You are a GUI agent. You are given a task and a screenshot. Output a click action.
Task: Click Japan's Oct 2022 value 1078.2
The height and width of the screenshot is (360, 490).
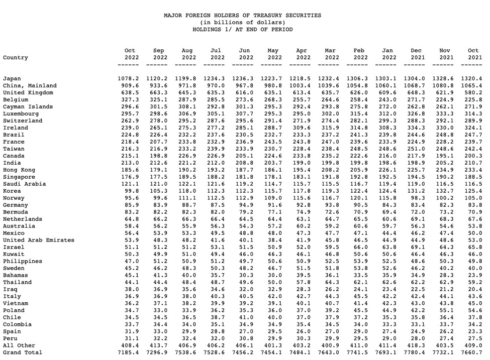pyautogui.click(x=128, y=79)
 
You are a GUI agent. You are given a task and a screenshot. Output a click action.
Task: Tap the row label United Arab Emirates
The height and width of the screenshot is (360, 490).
pyautogui.click(x=39, y=241)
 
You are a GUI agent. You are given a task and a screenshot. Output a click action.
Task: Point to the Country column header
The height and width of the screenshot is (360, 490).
pyautogui.click(x=16, y=58)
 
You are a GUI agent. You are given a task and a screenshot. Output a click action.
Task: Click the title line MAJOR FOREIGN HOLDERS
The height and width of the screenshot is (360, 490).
pyautogui.click(x=242, y=16)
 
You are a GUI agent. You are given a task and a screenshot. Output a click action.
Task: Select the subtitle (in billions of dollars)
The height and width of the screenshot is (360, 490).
pyautogui.click(x=242, y=23)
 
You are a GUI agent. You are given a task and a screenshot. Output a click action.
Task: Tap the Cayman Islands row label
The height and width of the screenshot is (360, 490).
pyautogui.click(x=28, y=107)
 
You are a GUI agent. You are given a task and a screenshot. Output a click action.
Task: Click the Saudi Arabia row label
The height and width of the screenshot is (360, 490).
pyautogui.click(x=24, y=184)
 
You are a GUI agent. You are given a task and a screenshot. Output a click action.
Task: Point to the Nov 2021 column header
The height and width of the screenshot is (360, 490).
pyautogui.click(x=445, y=54)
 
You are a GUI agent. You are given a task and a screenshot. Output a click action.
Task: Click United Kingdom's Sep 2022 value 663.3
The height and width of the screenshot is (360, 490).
pyautogui.click(x=159, y=93)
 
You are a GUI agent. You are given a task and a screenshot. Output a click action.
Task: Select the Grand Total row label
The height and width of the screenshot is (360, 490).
pyautogui.click(x=23, y=353)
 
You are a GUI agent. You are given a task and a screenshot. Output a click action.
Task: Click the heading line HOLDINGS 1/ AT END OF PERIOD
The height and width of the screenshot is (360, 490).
pyautogui.click(x=242, y=30)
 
